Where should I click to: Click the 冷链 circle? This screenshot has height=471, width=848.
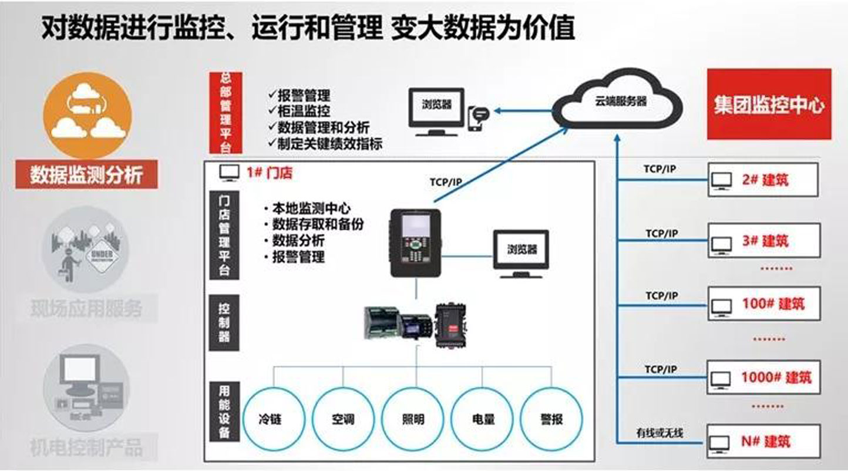pyautogui.click(x=274, y=418)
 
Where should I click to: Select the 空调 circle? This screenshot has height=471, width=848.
pyautogui.click(x=344, y=418)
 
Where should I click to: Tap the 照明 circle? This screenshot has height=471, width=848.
pyautogui.click(x=413, y=418)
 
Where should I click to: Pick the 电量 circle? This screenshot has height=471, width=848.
pyautogui.click(x=482, y=418)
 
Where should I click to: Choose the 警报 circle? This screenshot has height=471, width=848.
pyautogui.click(x=551, y=418)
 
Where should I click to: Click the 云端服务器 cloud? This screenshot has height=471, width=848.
pyautogui.click(x=620, y=102)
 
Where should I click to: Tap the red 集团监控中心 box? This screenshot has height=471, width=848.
pyautogui.click(x=769, y=105)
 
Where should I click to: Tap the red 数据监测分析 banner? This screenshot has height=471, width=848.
pyautogui.click(x=87, y=174)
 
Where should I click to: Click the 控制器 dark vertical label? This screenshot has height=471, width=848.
pyautogui.click(x=224, y=322)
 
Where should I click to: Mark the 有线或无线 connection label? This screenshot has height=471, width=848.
pyautogui.click(x=659, y=433)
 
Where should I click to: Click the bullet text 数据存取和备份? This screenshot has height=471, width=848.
pyautogui.click(x=318, y=224)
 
